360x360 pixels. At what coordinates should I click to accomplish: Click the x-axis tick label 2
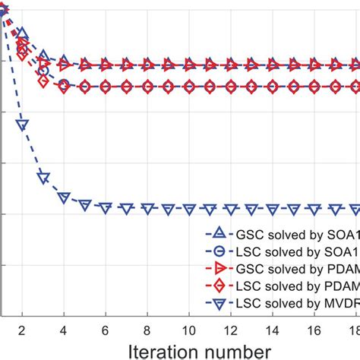(x=22, y=330)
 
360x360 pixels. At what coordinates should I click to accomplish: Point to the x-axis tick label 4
(x=64, y=330)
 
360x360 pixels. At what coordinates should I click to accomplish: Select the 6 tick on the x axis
(x=106, y=330)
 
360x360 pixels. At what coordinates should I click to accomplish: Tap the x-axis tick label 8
(x=147, y=330)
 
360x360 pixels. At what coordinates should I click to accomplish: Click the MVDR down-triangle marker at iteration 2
(x=22, y=125)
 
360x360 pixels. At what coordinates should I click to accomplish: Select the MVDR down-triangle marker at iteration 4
(x=64, y=198)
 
